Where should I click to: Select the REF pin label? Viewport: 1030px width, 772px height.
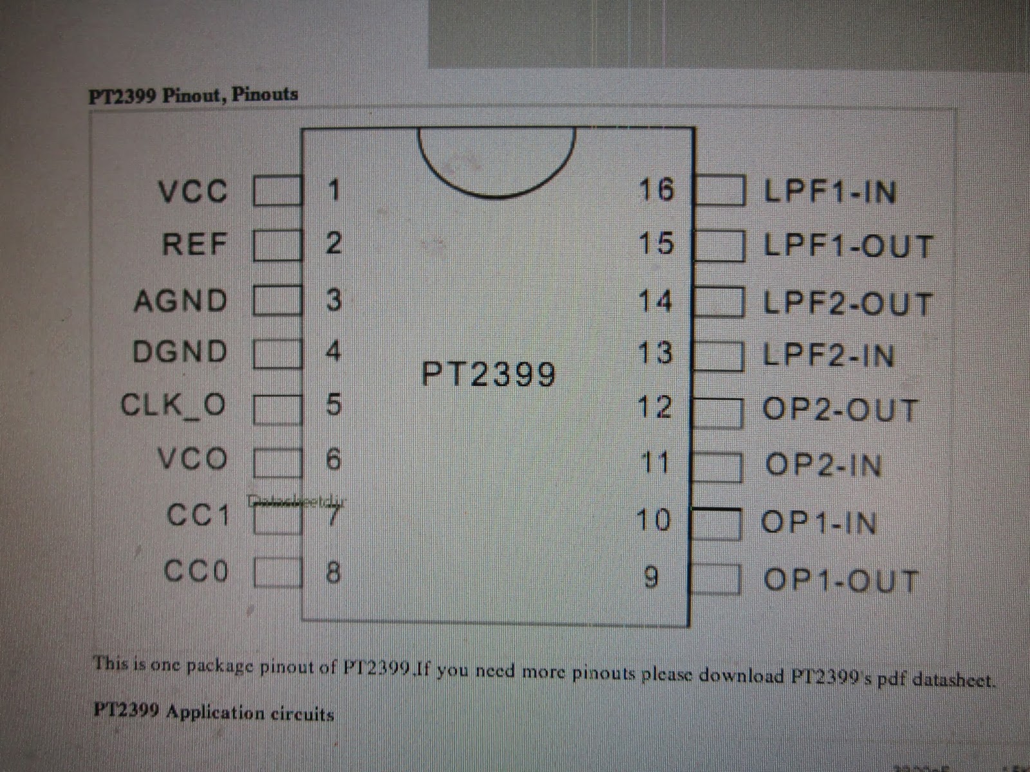194,244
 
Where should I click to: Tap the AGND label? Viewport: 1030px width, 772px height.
180,300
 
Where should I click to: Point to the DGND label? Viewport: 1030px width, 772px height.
180,352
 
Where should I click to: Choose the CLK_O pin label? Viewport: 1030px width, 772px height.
173,405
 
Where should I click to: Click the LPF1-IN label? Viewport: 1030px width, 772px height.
829,192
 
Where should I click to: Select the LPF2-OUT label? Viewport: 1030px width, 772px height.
848,304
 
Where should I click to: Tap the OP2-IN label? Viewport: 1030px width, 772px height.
823,464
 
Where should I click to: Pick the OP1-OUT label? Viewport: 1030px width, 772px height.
840,580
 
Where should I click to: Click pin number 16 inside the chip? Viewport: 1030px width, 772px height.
656,190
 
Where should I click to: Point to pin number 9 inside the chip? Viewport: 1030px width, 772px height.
651,578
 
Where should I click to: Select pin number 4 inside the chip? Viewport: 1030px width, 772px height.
333,351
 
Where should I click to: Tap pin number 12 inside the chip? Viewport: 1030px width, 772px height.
655,407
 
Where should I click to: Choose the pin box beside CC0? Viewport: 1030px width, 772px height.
277,573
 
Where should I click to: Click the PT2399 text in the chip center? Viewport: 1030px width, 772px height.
488,374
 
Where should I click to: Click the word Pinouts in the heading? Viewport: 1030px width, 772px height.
265,95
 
